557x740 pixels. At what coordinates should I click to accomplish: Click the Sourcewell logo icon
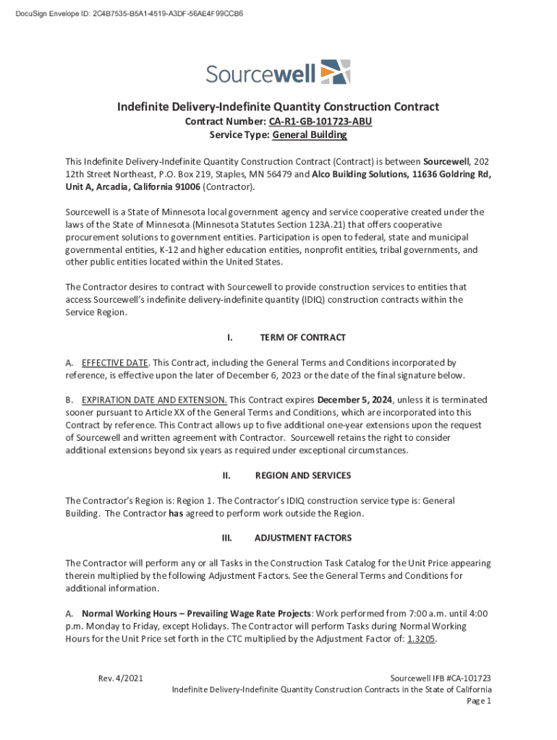[335, 72]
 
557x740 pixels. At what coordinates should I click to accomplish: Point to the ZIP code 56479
[278, 174]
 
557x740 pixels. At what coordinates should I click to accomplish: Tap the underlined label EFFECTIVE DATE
[115, 362]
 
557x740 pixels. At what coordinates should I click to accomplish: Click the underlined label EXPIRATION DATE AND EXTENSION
[154, 400]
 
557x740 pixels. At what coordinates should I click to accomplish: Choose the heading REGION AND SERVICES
[303, 476]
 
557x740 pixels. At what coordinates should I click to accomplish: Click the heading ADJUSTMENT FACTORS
[303, 538]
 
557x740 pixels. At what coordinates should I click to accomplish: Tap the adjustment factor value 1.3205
[422, 640]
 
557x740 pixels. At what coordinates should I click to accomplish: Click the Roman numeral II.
[226, 476]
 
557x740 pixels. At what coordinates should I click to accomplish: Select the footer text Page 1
[479, 701]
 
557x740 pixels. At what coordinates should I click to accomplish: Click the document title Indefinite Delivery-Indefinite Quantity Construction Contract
[278, 107]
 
